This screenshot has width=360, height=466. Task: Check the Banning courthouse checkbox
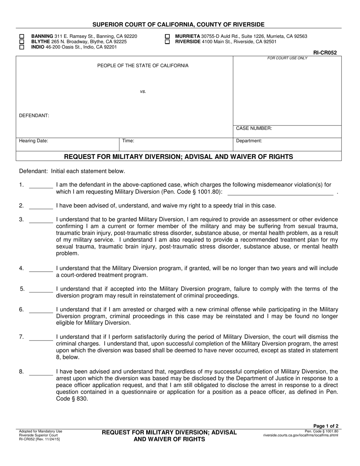point(22,36)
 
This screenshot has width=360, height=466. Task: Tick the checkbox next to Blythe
point(22,42)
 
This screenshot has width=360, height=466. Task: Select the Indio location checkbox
point(22,47)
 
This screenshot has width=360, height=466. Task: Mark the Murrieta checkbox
point(167,36)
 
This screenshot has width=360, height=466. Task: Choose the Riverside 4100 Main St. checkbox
point(167,42)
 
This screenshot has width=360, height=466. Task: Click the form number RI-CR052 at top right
point(325,53)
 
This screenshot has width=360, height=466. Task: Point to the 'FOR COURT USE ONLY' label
point(287,58)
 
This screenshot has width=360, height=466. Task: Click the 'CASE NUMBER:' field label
point(254,128)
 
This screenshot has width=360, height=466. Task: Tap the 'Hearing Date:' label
point(34,141)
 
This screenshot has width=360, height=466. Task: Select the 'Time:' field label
point(128,141)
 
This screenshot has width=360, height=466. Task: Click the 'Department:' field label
point(249,141)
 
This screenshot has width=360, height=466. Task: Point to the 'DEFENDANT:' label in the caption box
point(34,116)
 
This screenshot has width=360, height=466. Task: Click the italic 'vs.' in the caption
point(143,91)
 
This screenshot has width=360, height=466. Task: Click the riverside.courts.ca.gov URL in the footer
point(301,435)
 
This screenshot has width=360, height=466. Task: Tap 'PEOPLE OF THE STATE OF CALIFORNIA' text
point(143,66)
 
